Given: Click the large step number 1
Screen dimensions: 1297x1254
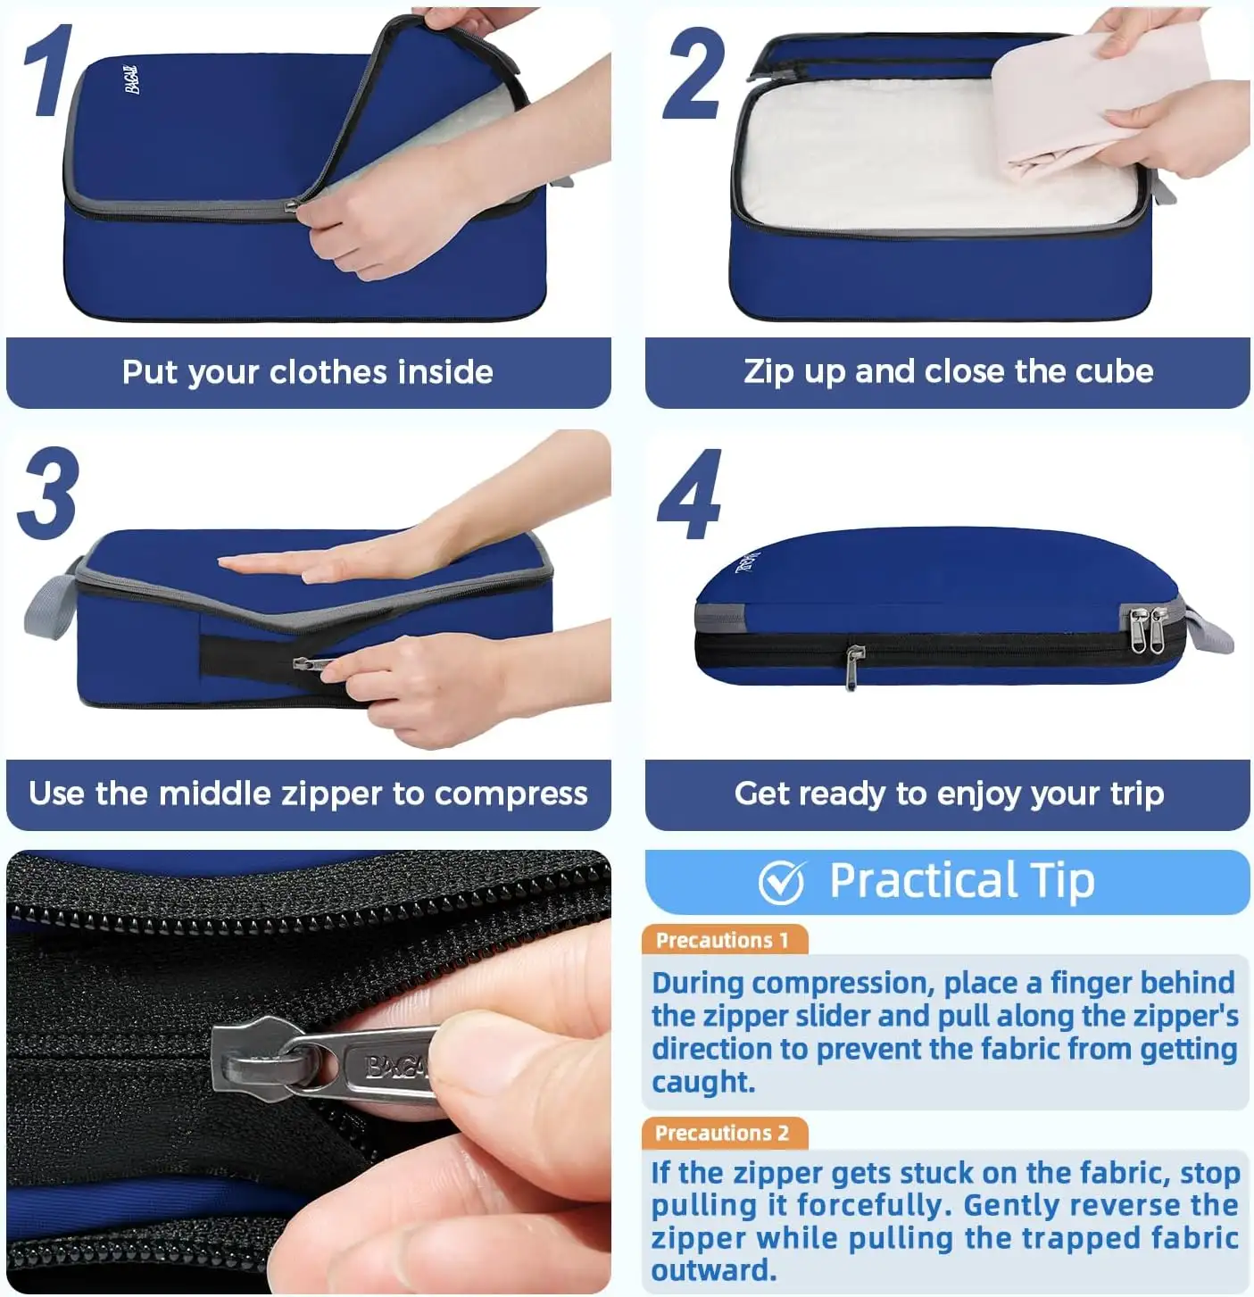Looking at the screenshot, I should (x=46, y=71).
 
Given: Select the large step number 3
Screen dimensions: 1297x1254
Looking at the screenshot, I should (x=48, y=494).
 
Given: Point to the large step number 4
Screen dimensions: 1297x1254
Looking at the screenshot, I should (x=689, y=495).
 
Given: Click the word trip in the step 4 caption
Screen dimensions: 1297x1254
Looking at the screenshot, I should (x=1136, y=794).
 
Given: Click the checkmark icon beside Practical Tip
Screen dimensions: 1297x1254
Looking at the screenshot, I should (x=782, y=882).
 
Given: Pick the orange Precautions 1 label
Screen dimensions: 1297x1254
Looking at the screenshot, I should (x=723, y=940).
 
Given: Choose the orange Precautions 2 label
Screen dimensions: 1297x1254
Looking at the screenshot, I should (x=723, y=1133).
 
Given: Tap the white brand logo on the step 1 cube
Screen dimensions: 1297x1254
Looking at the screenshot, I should (x=132, y=79).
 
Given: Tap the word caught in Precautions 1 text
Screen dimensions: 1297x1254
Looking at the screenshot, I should (x=703, y=1082).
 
